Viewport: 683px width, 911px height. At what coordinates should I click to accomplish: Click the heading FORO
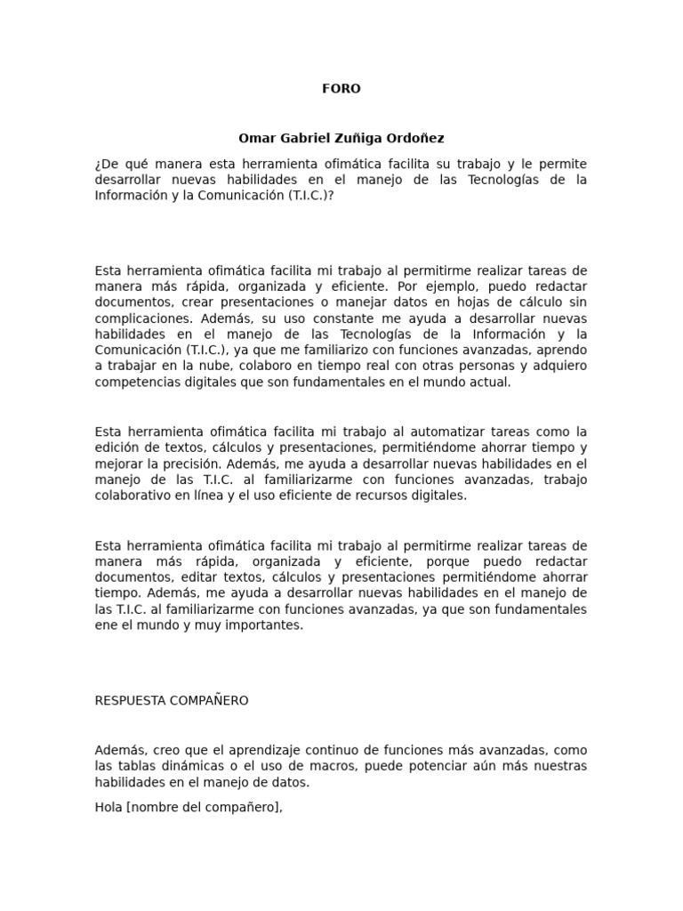(341, 89)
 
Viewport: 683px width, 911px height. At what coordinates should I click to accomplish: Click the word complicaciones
(137, 318)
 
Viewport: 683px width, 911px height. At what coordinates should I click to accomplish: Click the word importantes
(265, 625)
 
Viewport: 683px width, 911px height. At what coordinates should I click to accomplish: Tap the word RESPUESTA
(133, 701)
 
